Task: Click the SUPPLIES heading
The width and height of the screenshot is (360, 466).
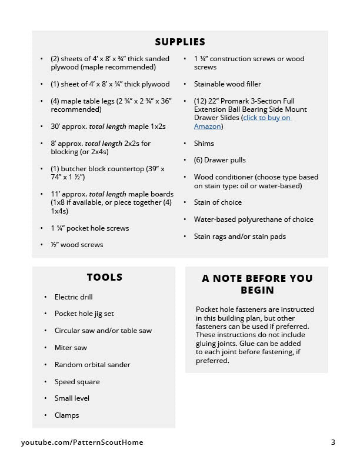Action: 180,42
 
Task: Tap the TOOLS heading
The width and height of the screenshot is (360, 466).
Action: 104,278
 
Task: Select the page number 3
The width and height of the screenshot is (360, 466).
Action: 333,442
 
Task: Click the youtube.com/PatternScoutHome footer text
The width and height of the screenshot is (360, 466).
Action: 82,442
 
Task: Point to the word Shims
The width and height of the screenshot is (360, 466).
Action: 204,144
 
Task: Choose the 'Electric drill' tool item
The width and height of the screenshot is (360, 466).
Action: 74,297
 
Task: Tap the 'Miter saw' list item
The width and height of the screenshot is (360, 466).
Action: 71,348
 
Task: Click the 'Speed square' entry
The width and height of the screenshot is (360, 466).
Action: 77,382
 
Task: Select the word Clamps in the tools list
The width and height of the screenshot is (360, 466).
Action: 66,415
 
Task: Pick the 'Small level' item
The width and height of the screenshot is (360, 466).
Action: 72,398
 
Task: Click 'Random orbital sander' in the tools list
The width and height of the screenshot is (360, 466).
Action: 92,365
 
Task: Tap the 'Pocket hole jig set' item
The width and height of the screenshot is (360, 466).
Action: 84,314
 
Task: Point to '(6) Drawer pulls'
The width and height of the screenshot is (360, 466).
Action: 220,160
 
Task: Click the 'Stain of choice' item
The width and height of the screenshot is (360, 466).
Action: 218,202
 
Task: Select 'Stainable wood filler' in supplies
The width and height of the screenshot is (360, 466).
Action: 227,84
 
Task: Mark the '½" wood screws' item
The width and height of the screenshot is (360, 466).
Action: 76,245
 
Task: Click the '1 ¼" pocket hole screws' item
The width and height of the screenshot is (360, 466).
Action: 89,228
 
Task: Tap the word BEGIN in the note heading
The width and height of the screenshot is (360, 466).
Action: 257,291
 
